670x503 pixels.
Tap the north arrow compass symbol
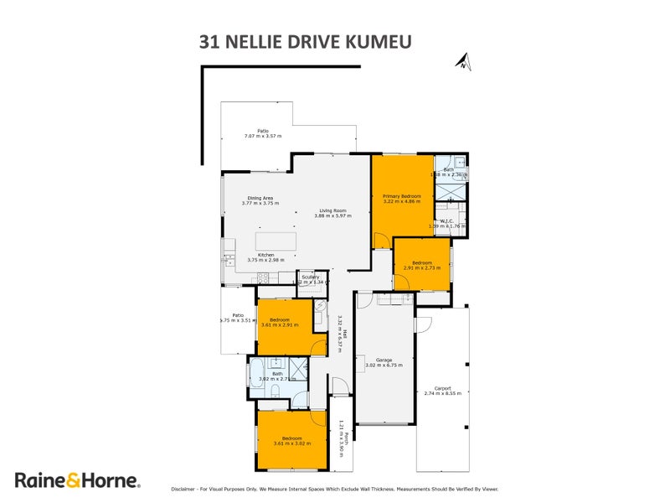coord(462,60)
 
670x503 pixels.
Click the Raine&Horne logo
coord(77,480)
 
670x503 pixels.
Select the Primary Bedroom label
coord(402,195)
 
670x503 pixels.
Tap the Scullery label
coord(311,277)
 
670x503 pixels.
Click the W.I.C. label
coord(446,221)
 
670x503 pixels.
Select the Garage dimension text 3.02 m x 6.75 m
coord(384,366)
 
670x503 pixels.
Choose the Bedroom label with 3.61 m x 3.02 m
coord(291,438)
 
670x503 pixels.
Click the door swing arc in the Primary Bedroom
coord(381,241)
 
